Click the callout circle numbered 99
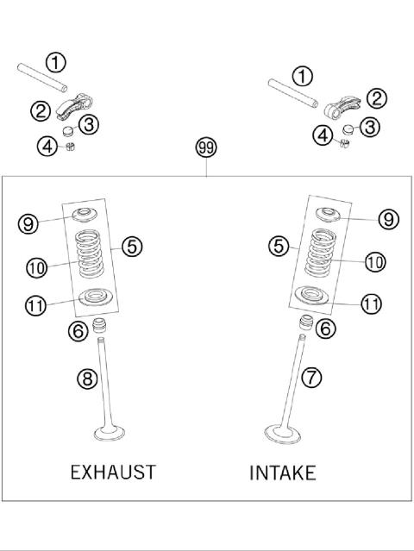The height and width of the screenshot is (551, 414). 206,148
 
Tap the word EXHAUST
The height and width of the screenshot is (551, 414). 113,472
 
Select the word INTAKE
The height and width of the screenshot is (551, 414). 282,473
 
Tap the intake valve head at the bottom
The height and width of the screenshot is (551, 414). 284,434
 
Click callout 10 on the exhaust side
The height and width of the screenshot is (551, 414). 35,268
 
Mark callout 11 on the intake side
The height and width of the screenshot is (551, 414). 371,304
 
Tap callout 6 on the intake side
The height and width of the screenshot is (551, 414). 326,328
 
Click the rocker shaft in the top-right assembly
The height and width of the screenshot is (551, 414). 293,89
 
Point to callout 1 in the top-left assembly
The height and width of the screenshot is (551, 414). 55,62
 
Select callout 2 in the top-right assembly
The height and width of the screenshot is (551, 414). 376,99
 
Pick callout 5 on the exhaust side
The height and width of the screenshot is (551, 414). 131,247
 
